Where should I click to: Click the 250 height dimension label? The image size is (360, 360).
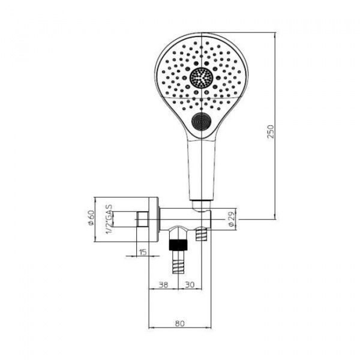click(x=271, y=131)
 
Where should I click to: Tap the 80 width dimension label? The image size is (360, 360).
click(x=180, y=323)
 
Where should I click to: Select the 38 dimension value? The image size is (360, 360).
click(x=163, y=285)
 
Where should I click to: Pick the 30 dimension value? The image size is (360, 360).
click(x=190, y=285)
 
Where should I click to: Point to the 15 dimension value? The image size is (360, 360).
click(x=143, y=252)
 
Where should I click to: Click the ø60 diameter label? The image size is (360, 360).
click(x=91, y=218)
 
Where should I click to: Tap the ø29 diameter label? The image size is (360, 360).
click(x=232, y=219)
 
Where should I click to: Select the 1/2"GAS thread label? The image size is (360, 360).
click(x=109, y=219)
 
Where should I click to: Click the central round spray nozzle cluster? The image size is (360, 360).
click(x=202, y=78)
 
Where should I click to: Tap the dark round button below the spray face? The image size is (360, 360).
click(x=202, y=121)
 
